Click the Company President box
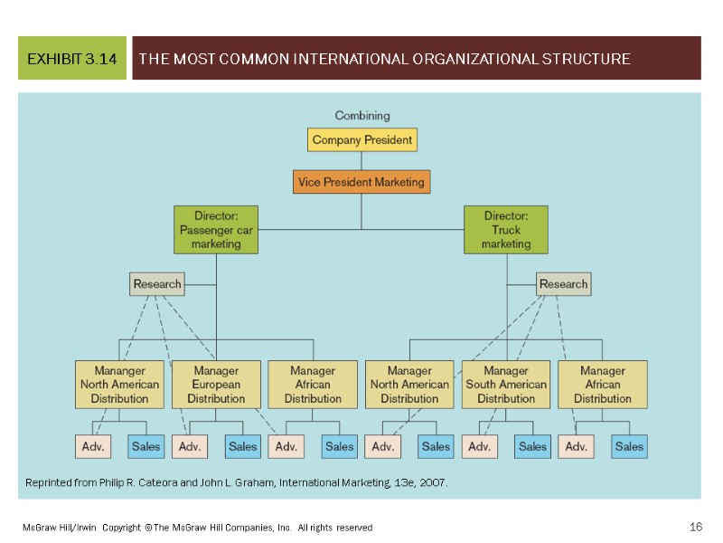click(x=362, y=140)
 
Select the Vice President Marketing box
click(x=361, y=182)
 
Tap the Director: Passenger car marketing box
click(x=216, y=230)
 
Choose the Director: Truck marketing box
click(x=506, y=230)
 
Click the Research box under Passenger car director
click(x=157, y=284)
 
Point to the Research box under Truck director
click(x=563, y=284)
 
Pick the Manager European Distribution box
click(x=216, y=384)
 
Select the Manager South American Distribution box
click(x=506, y=384)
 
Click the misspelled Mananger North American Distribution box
click(x=119, y=384)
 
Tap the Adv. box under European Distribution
click(x=190, y=446)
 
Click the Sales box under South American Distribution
click(x=532, y=446)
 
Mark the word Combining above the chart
click(x=362, y=116)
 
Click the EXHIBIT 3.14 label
click(x=72, y=60)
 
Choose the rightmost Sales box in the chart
click(x=629, y=446)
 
